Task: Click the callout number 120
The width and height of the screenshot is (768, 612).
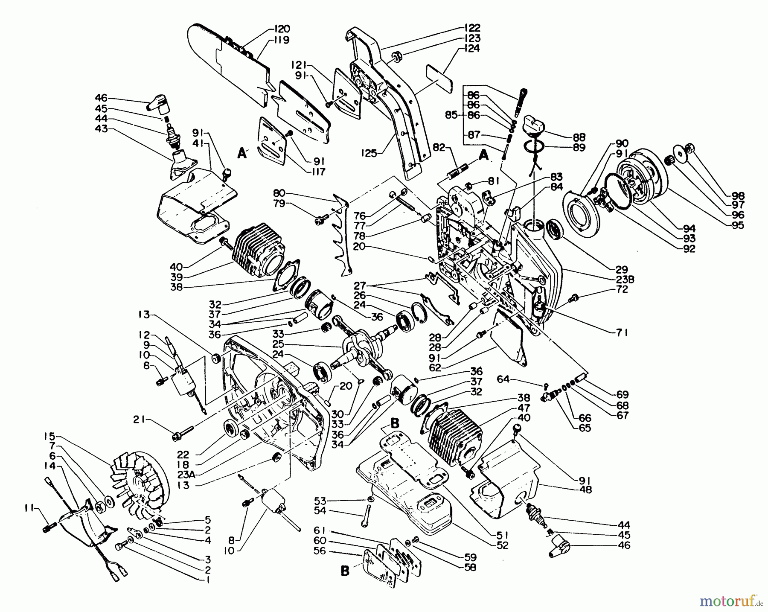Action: [x=282, y=29]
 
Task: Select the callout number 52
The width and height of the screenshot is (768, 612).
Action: [x=503, y=545]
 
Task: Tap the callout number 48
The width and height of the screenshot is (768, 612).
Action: [x=586, y=490]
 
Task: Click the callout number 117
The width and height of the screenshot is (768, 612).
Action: [x=318, y=172]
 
